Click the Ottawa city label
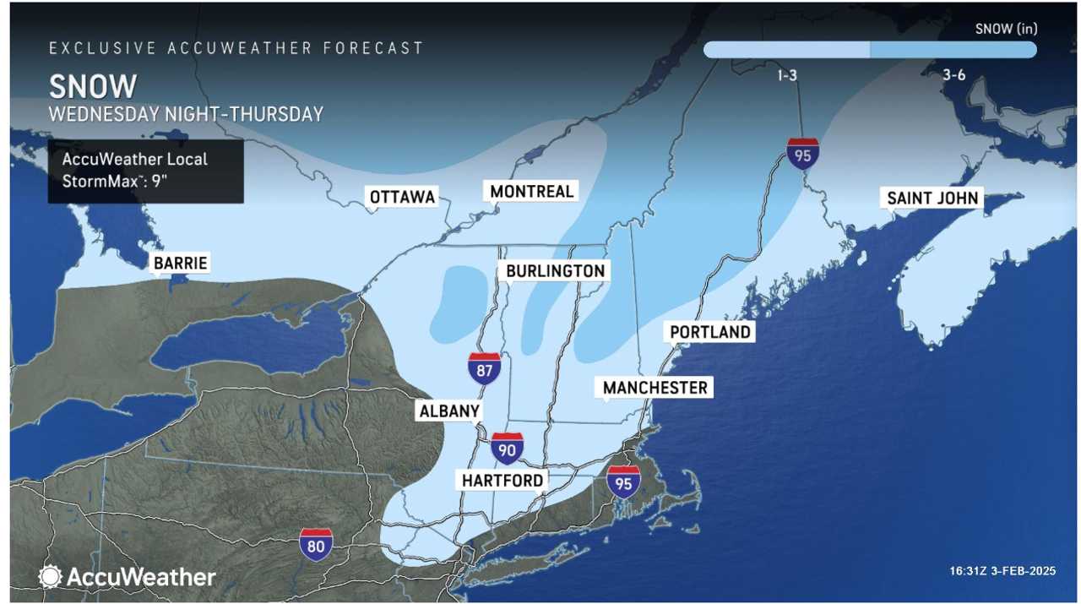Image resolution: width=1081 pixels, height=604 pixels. pos(402,197)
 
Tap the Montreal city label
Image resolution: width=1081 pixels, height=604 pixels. pos(531,191)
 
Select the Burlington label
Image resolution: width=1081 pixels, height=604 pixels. pos(555,270)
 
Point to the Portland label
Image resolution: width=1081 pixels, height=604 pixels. pos(709,332)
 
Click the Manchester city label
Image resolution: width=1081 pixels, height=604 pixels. pos(655,387)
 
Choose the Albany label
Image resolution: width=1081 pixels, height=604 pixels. pos(448,411)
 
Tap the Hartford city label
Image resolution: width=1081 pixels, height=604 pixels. pos(502,480)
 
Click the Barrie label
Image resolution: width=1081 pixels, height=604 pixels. pos(180,263)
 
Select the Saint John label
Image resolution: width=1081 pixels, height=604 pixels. pos(932,198)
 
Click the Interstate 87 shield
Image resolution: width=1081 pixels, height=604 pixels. pos(485,369)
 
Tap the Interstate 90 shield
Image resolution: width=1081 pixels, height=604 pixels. pos(507,449)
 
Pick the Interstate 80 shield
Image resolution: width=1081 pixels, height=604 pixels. pos(316,545)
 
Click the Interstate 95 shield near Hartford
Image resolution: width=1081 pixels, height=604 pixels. pos(623,482)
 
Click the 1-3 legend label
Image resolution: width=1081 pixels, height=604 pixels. pos(786,75)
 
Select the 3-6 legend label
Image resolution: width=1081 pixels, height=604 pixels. pos(953,75)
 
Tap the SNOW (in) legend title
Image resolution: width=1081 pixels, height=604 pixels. pos(1006,29)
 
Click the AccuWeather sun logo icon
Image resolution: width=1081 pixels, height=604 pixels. pos(51,577)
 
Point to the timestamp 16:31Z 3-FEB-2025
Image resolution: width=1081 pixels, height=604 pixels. pos(1002,572)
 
